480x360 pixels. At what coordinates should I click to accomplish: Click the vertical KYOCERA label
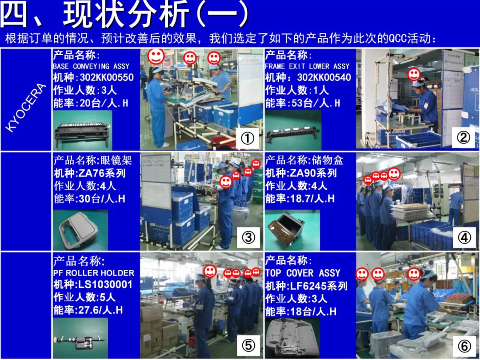[26, 107]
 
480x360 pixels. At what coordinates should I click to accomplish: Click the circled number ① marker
[247, 139]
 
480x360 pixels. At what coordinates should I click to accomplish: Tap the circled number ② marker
[464, 138]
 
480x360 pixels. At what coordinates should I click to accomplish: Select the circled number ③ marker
[248, 238]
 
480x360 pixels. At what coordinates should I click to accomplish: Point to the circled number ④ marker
[464, 238]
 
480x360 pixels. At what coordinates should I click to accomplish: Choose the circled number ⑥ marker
[464, 345]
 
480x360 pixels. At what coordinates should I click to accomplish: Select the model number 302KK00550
[106, 78]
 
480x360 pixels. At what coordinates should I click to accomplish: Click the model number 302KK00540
[324, 78]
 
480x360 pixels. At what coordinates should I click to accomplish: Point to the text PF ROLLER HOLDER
[93, 273]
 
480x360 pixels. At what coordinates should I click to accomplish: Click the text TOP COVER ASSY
[303, 273]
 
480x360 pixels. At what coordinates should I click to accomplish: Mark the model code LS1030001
[105, 285]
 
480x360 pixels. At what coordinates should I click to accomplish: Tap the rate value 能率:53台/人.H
[302, 103]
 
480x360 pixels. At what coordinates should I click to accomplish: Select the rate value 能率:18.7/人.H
[300, 199]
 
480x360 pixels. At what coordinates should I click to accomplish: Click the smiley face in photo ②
[413, 73]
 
